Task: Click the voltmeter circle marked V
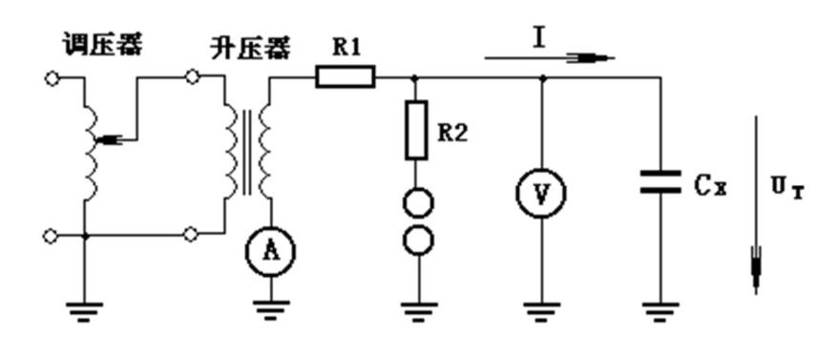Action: click(x=541, y=193)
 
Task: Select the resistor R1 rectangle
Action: click(x=345, y=76)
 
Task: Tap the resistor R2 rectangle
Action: click(x=417, y=131)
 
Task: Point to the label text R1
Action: click(x=346, y=47)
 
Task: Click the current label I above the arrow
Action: click(x=540, y=38)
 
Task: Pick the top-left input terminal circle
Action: click(x=52, y=77)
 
